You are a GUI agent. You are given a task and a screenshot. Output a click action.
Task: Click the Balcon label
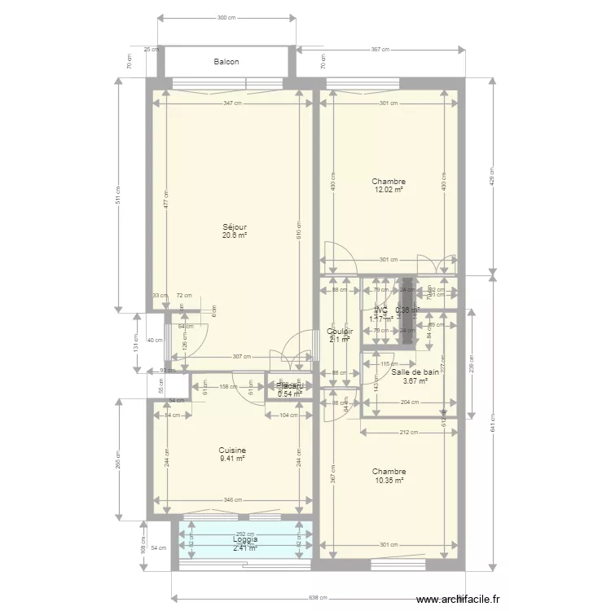pyautogui.click(x=226, y=62)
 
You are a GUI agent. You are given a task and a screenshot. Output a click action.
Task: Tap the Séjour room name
pyautogui.click(x=235, y=227)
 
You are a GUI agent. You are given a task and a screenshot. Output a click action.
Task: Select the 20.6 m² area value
pyautogui.click(x=235, y=235)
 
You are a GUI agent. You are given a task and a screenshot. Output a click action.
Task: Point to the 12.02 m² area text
pyautogui.click(x=389, y=190)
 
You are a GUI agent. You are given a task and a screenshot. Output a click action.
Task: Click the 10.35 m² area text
pyautogui.click(x=389, y=480)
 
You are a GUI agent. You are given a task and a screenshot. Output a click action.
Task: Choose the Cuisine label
pyautogui.click(x=232, y=451)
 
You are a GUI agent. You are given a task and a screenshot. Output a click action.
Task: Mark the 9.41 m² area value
pyautogui.click(x=232, y=459)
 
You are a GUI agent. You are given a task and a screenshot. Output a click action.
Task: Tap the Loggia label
pyautogui.click(x=245, y=539)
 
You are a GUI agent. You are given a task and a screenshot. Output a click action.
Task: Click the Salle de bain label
pyautogui.click(x=415, y=371)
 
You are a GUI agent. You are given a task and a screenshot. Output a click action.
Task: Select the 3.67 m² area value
pyautogui.click(x=415, y=380)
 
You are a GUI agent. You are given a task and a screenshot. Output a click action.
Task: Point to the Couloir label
pyautogui.click(x=340, y=332)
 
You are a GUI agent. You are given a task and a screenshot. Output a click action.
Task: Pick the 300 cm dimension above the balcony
pyautogui.click(x=227, y=17)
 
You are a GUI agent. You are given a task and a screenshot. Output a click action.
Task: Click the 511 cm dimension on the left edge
pyautogui.click(x=118, y=196)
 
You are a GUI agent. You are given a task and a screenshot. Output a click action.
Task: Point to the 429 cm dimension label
pyautogui.click(x=492, y=175)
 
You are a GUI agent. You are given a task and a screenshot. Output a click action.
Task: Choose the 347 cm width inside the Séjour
pyautogui.click(x=233, y=103)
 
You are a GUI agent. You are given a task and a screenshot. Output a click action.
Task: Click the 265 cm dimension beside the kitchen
pyautogui.click(x=118, y=460)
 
